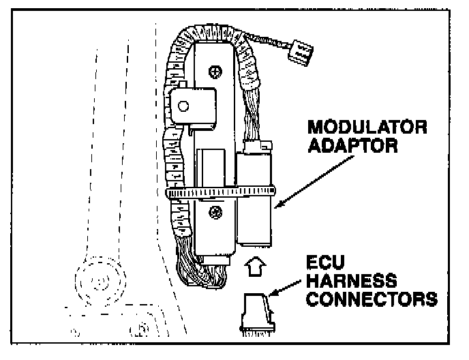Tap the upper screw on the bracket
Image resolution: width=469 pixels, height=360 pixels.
pyautogui.click(x=216, y=71)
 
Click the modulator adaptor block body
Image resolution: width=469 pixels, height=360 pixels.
pyautogui.click(x=253, y=205)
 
